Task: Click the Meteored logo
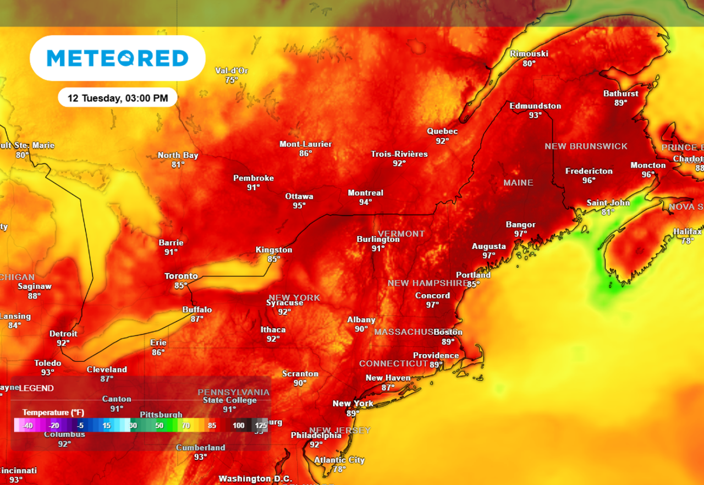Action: [117, 58]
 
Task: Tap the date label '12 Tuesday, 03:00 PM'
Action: [118, 98]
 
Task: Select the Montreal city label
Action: [365, 193]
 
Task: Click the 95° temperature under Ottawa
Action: [299, 206]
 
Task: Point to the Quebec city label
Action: [442, 131]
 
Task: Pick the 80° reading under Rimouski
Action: [529, 63]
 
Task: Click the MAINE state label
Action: [518, 183]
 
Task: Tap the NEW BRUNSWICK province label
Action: [586, 146]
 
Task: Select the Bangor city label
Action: [520, 224]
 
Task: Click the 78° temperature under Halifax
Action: [687, 241]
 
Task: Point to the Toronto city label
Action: [181, 276]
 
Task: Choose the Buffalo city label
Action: [197, 310]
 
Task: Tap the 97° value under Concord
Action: [432, 305]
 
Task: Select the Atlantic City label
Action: [339, 460]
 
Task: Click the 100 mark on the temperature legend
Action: [238, 425]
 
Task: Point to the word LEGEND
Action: [36, 388]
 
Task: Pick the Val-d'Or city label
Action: [231, 71]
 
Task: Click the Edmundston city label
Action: [535, 106]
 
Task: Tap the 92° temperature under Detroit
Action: [63, 343]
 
